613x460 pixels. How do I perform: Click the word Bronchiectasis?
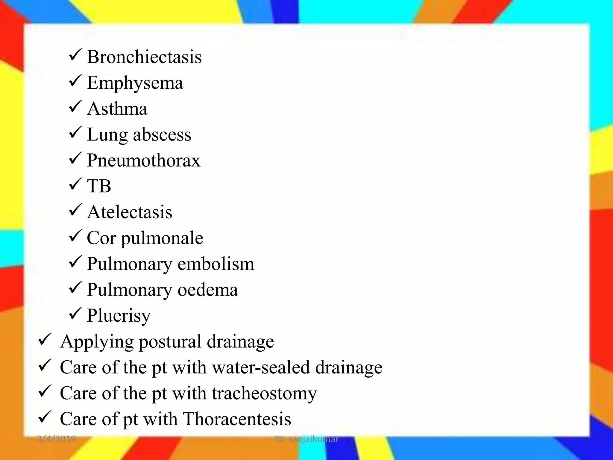144,57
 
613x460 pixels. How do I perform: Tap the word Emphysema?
135,83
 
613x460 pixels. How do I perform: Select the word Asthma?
117,109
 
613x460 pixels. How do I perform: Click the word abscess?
162,134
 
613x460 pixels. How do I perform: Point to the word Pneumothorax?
144,161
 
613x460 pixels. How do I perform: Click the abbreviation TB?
99,186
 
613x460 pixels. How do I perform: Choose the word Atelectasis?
130,212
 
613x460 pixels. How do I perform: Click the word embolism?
216,264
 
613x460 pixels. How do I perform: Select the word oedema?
208,290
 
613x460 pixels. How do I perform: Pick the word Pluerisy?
119,316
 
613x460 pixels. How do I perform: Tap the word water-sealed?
261,367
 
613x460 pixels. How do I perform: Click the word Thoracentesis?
237,419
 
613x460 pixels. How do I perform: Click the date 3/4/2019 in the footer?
56,439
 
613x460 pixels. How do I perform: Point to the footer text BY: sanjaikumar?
306,439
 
